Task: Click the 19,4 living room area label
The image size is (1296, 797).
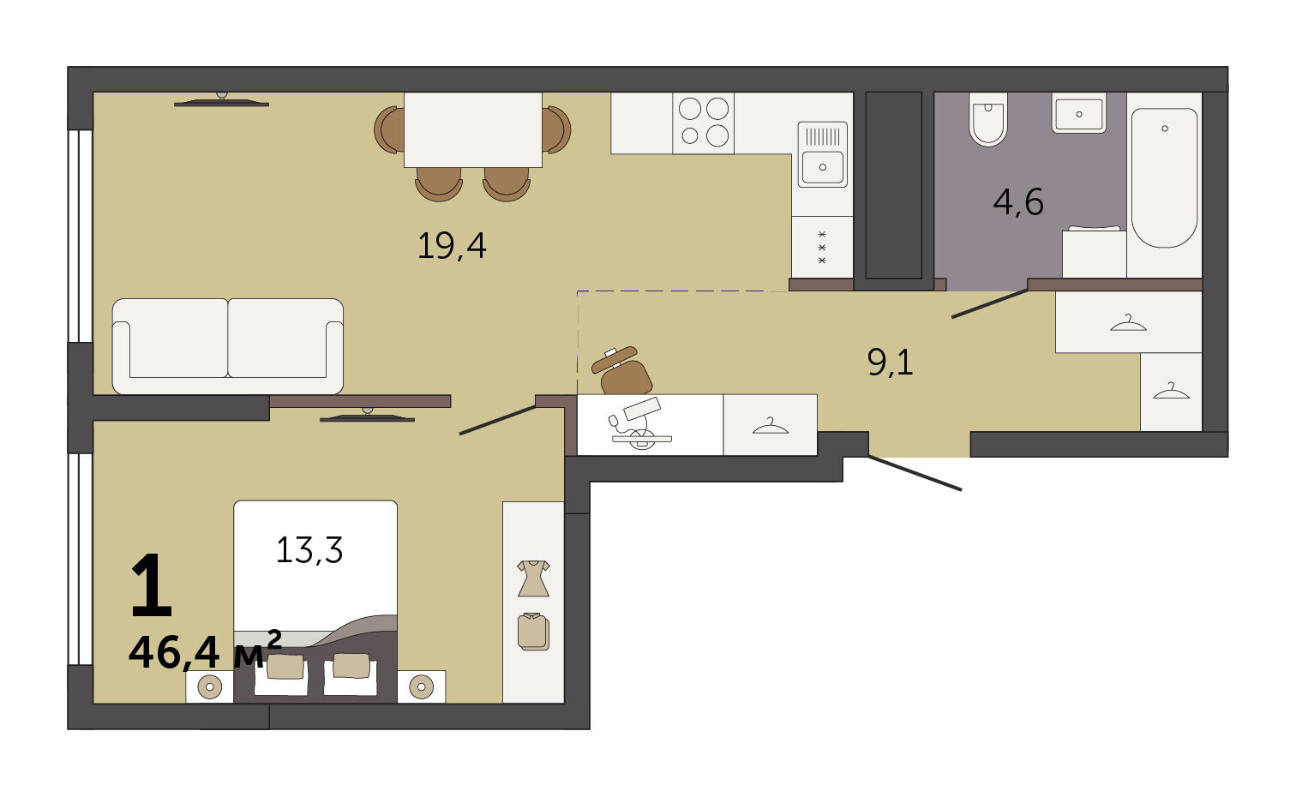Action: click(x=451, y=246)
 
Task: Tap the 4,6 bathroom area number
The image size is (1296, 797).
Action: click(x=1018, y=202)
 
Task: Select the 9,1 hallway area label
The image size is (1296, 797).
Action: click(x=890, y=363)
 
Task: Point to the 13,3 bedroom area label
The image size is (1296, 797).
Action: click(x=309, y=549)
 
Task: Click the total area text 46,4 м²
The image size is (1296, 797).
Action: click(x=205, y=650)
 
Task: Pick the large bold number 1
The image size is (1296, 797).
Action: click(x=152, y=585)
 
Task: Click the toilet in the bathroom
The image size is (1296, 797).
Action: click(x=988, y=119)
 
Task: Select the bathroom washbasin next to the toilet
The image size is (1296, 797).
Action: click(x=1079, y=113)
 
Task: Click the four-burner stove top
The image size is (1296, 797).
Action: click(x=704, y=123)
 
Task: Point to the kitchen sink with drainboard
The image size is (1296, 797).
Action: click(x=822, y=154)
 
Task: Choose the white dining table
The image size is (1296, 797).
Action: click(x=472, y=129)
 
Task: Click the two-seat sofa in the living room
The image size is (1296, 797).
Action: click(x=227, y=346)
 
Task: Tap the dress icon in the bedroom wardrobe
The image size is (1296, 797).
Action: click(x=533, y=578)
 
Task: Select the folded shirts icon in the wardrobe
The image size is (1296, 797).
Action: click(x=533, y=632)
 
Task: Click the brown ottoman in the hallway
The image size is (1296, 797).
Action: click(x=622, y=371)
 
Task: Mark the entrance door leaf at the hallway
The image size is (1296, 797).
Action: click(x=915, y=473)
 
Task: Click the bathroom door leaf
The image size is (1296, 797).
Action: click(x=989, y=303)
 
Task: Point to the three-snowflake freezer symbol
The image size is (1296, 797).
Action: click(x=822, y=248)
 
